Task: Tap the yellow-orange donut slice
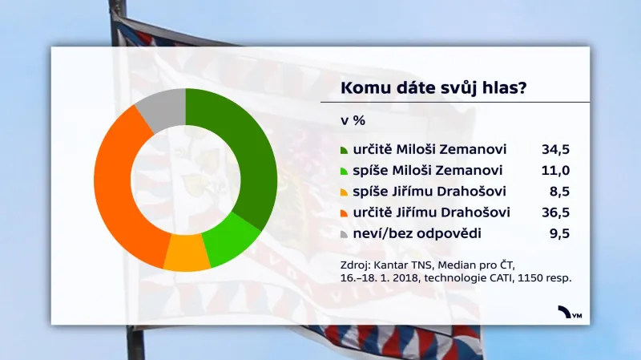coord(186,255)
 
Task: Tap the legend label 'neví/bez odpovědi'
coord(405,233)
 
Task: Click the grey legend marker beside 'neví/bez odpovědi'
coord(344,234)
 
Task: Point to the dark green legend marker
coord(344,151)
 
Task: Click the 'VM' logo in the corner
coord(571,313)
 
